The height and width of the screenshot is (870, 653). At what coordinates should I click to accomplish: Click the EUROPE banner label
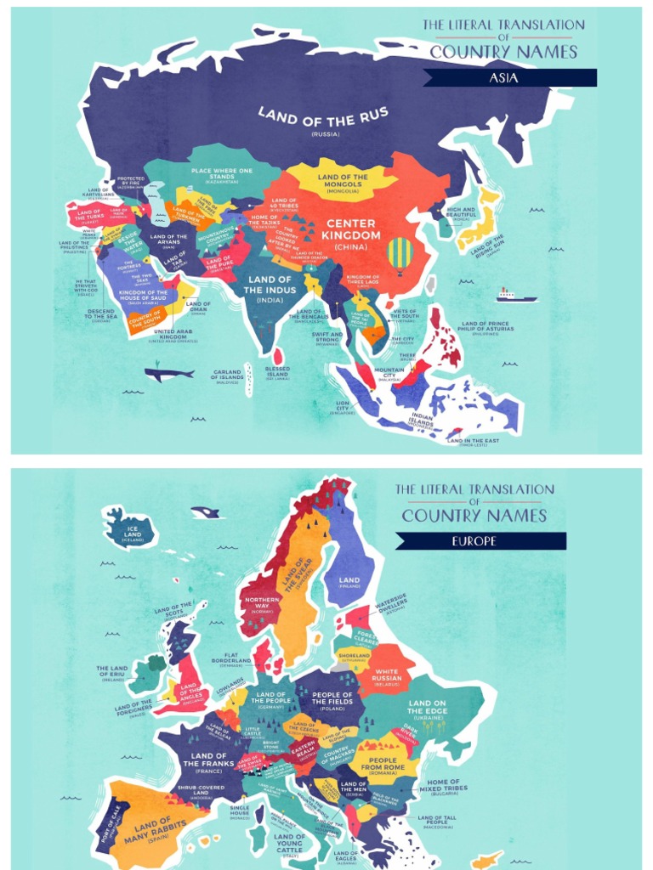pos(480,541)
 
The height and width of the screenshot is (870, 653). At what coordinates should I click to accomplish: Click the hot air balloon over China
pos(400,253)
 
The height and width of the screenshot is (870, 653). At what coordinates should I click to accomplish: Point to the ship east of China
pos(516,296)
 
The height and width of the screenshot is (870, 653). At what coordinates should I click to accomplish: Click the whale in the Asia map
pos(169,373)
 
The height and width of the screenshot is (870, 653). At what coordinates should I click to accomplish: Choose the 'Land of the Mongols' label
pos(342,181)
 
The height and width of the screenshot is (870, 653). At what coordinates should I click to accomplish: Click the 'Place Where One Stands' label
pos(222,175)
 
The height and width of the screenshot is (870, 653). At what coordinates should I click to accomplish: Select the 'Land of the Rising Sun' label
pos(487,245)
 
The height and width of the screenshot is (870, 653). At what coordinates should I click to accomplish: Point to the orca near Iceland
pos(205,512)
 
